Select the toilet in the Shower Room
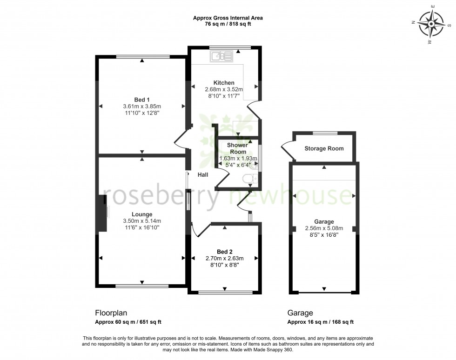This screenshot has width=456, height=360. [250, 179]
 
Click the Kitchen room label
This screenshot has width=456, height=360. [221, 83]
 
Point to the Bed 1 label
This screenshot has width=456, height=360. [141, 100]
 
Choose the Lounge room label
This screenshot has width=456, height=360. [141, 214]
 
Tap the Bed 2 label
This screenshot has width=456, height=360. [225, 251]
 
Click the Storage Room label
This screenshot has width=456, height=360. [324, 149]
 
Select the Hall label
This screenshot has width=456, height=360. [203, 175]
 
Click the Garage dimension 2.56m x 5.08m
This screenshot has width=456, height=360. [324, 228]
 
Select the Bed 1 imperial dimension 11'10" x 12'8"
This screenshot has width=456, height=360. [141, 113]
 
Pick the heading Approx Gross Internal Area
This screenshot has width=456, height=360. [228, 18]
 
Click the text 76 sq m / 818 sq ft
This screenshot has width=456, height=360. [228, 24]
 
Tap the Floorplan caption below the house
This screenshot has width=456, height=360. [111, 313]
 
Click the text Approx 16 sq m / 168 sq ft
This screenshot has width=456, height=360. [321, 322]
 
